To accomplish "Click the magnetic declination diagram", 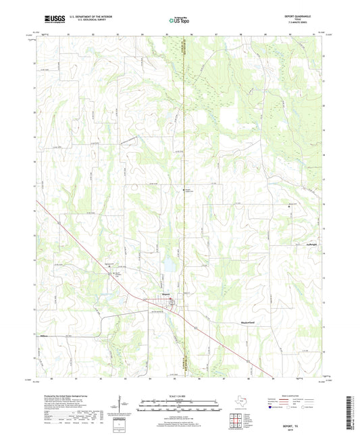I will pyautogui.click(x=124, y=405).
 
